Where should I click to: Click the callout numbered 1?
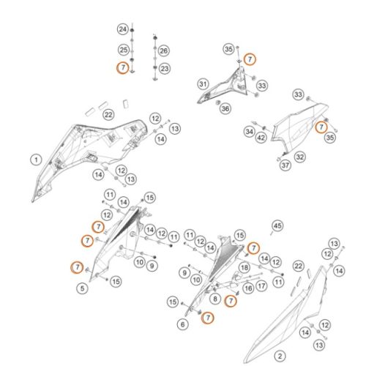(x=36, y=160)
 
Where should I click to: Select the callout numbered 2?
(x=280, y=356)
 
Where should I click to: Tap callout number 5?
(x=82, y=288)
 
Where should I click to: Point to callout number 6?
(x=183, y=324)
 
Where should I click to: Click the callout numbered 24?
(x=123, y=29)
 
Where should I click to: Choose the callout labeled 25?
(x=124, y=50)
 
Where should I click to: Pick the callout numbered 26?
(x=163, y=51)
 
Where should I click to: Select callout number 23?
(x=165, y=69)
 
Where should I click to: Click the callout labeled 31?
(x=203, y=84)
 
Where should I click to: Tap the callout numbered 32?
(x=300, y=157)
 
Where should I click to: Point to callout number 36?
(x=225, y=108)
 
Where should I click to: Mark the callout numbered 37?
(x=285, y=165)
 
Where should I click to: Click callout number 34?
(x=249, y=132)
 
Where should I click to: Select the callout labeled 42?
(x=261, y=138)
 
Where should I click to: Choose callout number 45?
(x=277, y=226)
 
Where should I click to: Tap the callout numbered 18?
(x=244, y=268)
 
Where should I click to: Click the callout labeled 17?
(x=261, y=285)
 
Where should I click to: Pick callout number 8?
(x=215, y=299)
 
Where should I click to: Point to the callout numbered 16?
(x=248, y=288)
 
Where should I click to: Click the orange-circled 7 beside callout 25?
(x=123, y=67)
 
